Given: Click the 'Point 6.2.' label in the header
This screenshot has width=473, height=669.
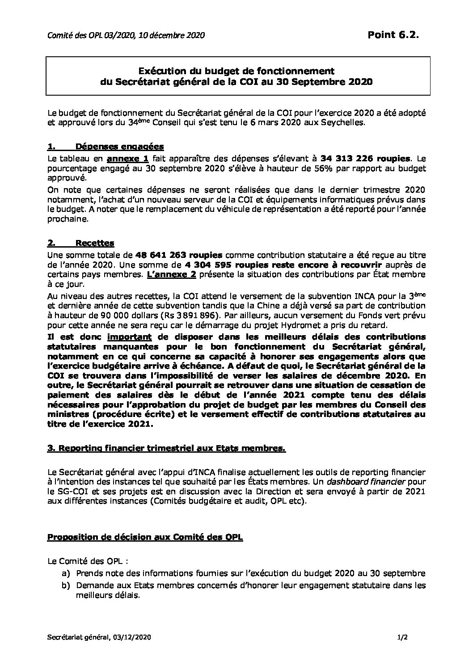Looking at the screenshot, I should [x=393, y=35].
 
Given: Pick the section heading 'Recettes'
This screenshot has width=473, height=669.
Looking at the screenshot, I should [x=95, y=243].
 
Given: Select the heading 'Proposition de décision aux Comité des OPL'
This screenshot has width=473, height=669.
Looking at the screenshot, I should [x=145, y=537].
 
